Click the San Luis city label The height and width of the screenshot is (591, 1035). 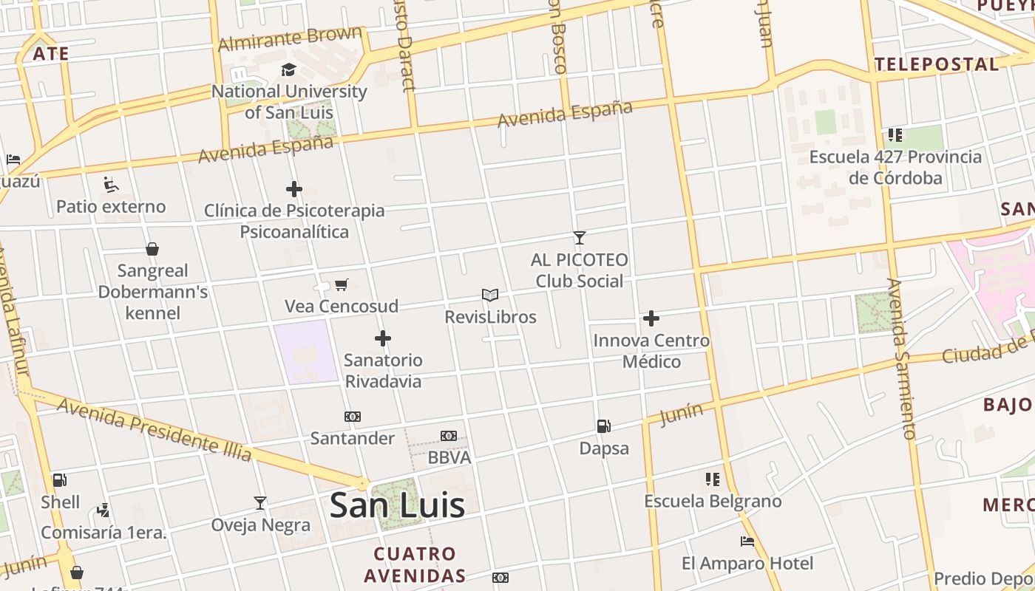point(397,505)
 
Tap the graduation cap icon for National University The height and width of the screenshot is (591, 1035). point(288,70)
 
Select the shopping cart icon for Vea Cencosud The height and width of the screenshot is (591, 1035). point(341,284)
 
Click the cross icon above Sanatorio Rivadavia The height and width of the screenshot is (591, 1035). point(382,338)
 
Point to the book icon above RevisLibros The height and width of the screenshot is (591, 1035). point(490,295)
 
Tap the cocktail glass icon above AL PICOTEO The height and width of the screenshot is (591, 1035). point(580,238)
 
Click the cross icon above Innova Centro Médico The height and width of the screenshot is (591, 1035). point(651,318)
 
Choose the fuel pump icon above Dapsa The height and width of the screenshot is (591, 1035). point(604,426)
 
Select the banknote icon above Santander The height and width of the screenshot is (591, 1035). point(353,417)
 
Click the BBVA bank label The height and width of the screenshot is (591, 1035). point(449,457)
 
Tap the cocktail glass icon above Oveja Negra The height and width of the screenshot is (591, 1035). point(260,503)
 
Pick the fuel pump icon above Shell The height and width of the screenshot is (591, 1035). point(60,480)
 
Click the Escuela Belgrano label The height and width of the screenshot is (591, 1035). point(713,501)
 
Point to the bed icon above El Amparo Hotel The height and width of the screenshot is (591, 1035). point(747,542)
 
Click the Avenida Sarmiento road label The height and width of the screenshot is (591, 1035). point(903,358)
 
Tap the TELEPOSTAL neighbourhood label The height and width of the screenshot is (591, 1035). point(937,64)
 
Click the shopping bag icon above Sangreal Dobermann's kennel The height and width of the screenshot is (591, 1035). point(152,249)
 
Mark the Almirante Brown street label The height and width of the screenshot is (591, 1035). point(290,38)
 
